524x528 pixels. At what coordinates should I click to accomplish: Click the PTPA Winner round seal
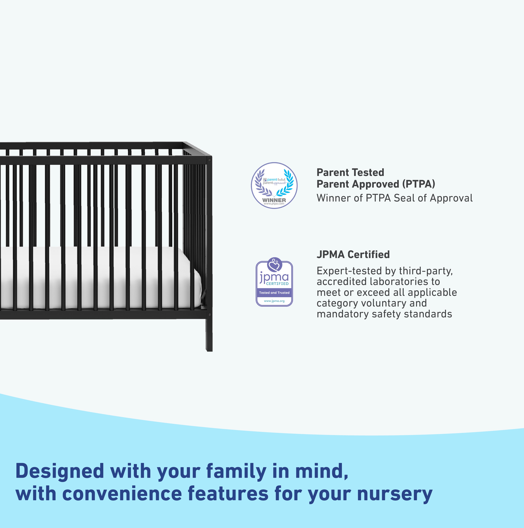pos(274,186)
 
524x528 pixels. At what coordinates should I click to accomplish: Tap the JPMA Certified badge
pos(274,282)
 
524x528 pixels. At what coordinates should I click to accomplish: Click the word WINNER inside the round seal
pos(274,200)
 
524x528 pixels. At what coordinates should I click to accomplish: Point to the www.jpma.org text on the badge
pos(274,301)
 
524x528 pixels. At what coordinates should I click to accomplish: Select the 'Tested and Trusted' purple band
pos(274,293)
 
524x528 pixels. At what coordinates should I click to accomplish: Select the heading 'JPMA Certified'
pos(353,254)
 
